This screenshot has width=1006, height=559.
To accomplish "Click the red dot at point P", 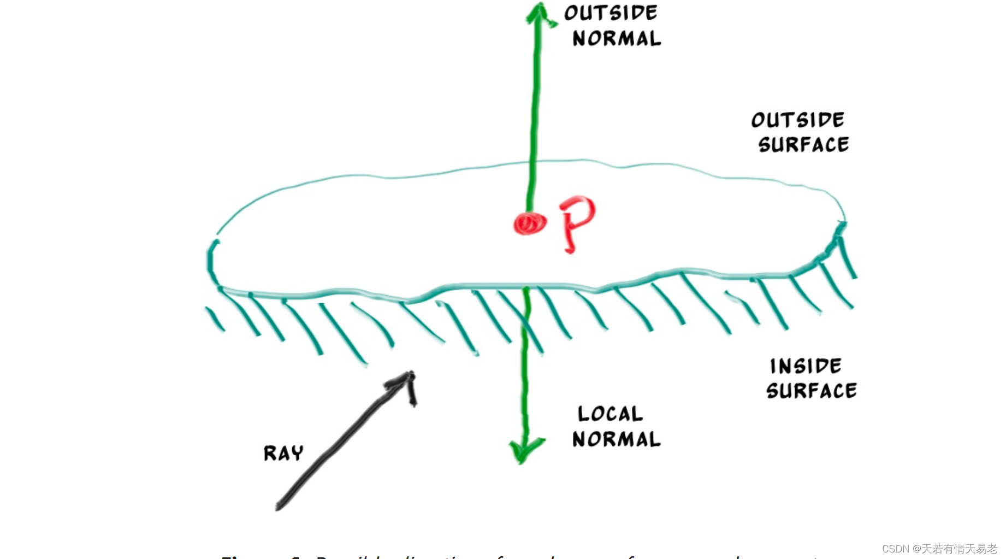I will point(529,223).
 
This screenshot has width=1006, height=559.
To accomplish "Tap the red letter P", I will point(577,221).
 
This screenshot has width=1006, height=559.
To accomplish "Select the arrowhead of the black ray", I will point(407,380).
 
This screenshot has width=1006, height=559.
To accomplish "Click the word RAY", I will point(283,453).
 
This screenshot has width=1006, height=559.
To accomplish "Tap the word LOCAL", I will point(610,414).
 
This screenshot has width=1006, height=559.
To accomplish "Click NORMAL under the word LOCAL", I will point(617,439).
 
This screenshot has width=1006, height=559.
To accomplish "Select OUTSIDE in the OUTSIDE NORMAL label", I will point(611,13).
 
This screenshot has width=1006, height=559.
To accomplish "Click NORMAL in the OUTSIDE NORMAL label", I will point(617,38).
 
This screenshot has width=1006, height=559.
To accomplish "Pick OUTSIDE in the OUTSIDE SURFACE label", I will point(797,120).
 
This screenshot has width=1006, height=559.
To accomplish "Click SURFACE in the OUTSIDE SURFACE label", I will point(803,145).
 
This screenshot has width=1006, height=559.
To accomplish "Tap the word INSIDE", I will point(806,366).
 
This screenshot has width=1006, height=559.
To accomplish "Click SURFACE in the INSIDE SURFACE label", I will point(811,391).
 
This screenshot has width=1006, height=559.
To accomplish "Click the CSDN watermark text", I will point(939,548).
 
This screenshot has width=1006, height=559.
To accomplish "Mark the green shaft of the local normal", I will point(525,383).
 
